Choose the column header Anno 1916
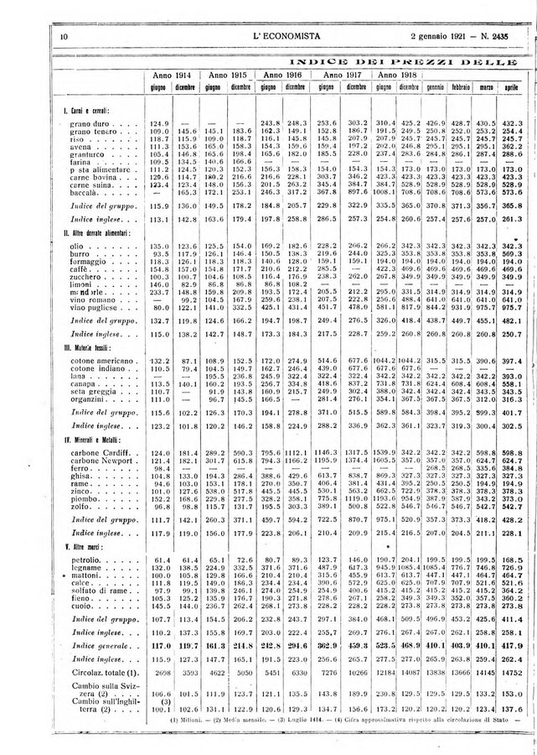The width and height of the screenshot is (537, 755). (x=281, y=75)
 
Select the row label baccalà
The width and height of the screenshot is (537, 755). (x=84, y=192)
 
